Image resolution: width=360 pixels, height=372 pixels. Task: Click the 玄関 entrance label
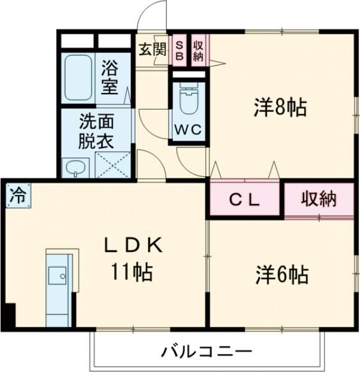click(152, 50)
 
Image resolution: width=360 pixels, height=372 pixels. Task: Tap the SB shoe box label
click(179, 50)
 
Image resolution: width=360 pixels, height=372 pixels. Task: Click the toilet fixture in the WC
click(188, 99)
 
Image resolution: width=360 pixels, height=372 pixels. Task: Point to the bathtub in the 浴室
click(77, 77)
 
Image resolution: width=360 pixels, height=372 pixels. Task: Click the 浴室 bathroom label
click(110, 76)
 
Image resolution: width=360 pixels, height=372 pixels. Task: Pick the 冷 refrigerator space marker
click(17, 196)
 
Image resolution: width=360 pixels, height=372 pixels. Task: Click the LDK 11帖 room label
click(133, 259)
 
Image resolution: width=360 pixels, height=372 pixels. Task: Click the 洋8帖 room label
click(280, 108)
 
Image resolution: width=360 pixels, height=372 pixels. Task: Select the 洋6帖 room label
click(281, 275)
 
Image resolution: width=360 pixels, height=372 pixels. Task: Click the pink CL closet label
click(245, 200)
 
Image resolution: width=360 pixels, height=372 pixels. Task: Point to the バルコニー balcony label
click(206, 352)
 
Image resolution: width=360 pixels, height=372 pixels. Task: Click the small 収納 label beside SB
click(197, 50)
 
